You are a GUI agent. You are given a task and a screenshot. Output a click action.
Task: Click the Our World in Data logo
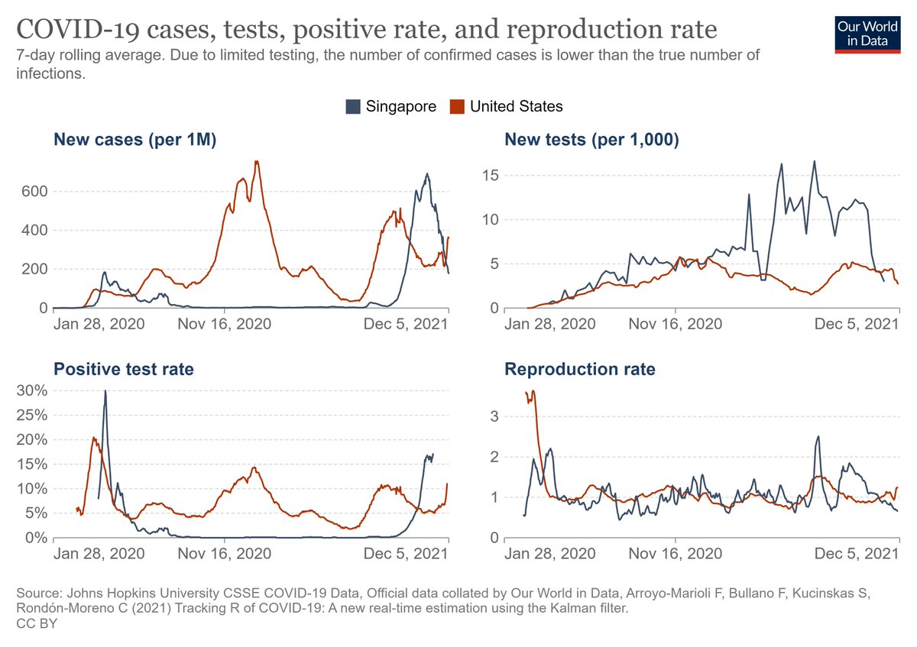[x=868, y=32]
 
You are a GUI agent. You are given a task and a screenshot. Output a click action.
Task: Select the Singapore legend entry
[x=390, y=106]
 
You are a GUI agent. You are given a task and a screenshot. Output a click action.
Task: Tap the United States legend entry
[x=507, y=106]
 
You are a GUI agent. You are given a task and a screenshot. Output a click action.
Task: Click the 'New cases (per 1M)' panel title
[x=134, y=139]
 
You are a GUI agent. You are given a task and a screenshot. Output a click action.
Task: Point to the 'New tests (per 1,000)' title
[x=591, y=139]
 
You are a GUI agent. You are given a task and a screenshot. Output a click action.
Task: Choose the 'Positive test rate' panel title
[x=123, y=370]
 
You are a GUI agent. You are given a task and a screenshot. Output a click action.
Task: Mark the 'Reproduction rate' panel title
[x=579, y=370]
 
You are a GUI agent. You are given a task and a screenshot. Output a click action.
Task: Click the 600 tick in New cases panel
[x=34, y=191]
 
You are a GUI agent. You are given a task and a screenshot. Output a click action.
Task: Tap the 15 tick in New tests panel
[x=490, y=176]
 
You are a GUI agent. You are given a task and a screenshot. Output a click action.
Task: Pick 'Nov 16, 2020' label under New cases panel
[x=224, y=323]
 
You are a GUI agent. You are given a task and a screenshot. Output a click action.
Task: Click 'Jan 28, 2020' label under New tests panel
[x=550, y=323]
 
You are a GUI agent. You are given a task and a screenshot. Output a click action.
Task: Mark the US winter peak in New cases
[x=257, y=161]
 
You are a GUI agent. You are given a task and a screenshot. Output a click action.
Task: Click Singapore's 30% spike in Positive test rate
[x=105, y=391]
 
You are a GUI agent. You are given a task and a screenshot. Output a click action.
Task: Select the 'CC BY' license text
[x=37, y=624]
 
